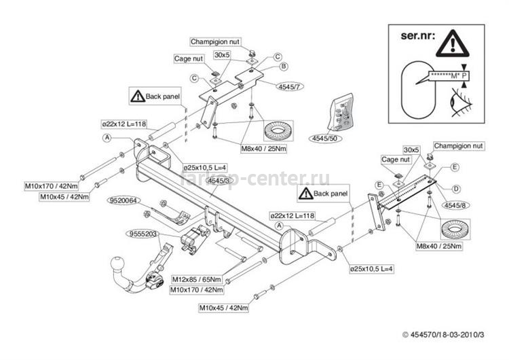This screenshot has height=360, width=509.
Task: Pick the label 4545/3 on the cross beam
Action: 218,181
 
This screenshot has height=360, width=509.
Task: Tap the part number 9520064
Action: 123,200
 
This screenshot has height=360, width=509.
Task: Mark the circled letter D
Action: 456,189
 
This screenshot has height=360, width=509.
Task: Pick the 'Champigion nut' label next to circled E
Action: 459,145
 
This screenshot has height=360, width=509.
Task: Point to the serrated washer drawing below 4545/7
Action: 275,129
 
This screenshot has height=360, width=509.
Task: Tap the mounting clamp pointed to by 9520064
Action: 178,216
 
